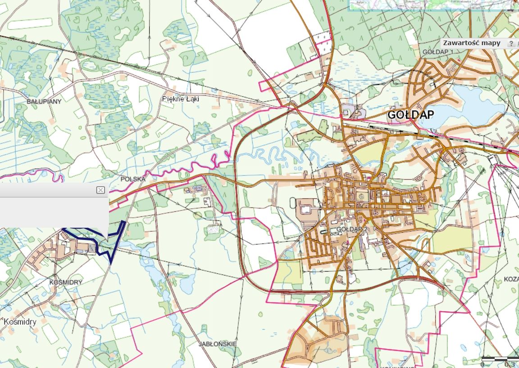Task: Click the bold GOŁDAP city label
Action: click(x=410, y=115)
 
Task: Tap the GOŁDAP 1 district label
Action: click(x=437, y=52)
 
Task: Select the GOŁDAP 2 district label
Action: click(x=352, y=230)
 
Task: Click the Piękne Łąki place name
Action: click(x=181, y=99)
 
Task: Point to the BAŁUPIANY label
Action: click(x=44, y=101)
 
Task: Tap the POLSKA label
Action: click(x=133, y=179)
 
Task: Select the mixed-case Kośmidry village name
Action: click(x=20, y=322)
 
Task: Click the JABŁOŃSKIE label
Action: click(x=218, y=344)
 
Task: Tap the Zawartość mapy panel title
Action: click(x=472, y=43)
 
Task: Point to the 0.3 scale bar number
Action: click(x=510, y=364)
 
